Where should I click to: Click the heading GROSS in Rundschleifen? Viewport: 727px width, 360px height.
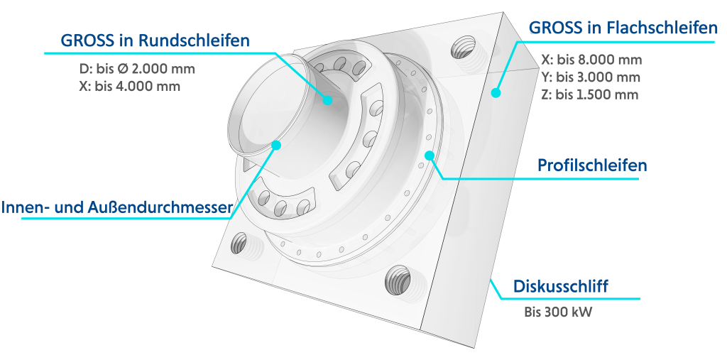click(155, 40)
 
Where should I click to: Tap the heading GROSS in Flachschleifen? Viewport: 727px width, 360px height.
click(623, 28)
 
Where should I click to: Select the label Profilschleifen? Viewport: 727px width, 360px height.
click(592, 165)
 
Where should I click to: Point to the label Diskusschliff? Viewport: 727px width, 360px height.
click(560, 286)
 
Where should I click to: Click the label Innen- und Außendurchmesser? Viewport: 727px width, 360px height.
click(116, 207)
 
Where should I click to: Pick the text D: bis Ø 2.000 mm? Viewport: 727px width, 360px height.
click(137, 69)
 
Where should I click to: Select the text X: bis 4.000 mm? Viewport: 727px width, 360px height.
click(129, 87)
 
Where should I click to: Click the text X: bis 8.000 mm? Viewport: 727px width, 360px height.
click(591, 60)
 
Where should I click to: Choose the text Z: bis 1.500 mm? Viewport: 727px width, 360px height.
click(590, 94)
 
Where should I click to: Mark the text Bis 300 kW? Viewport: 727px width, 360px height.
click(558, 312)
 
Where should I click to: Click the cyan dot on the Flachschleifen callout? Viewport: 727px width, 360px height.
click(496, 93)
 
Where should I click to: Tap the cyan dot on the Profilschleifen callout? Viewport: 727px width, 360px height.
click(430, 156)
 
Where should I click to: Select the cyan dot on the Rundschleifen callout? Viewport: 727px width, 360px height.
click(328, 99)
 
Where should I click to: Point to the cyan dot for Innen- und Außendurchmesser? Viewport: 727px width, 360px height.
click(276, 145)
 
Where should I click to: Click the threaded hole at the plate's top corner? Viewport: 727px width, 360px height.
click(464, 48)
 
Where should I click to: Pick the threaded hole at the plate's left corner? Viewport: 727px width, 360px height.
click(240, 244)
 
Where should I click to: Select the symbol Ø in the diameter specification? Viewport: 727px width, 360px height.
click(122, 69)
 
